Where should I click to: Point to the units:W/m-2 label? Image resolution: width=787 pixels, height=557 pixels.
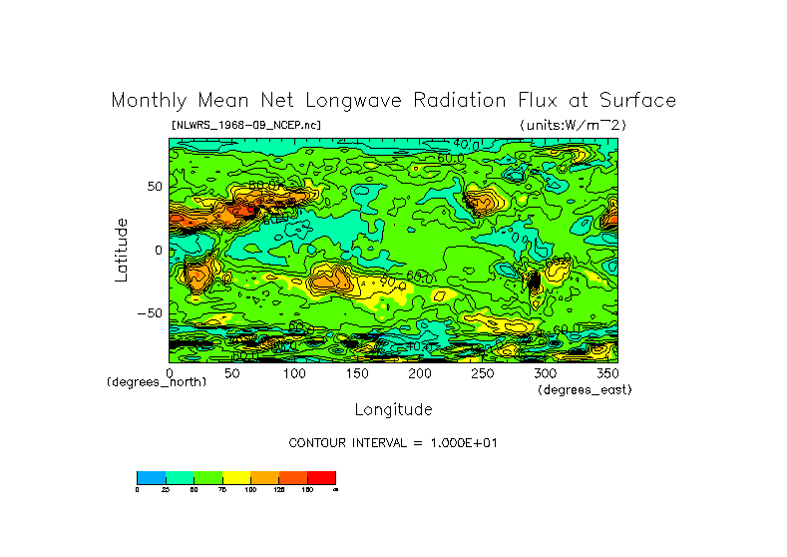point(573,125)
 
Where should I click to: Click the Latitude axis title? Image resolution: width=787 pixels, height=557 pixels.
point(121,250)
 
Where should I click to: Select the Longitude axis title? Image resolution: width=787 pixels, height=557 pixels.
point(393,409)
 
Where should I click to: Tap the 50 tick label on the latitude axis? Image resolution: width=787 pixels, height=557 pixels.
point(154,187)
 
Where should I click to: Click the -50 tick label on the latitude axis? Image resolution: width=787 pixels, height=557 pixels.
point(149,313)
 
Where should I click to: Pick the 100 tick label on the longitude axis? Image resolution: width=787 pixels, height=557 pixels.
point(295,373)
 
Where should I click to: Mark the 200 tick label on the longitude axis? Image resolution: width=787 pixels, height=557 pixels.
point(421,373)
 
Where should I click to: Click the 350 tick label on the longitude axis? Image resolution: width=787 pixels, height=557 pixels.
point(605,373)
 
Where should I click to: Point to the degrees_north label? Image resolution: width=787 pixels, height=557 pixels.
point(158,382)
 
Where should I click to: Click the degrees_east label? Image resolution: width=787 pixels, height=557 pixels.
point(585,389)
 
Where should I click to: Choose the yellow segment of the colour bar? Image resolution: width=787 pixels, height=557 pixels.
point(236,477)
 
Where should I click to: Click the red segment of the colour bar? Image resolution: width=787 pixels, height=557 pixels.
point(321,477)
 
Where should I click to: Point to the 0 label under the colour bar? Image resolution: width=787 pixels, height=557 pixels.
point(138,489)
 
